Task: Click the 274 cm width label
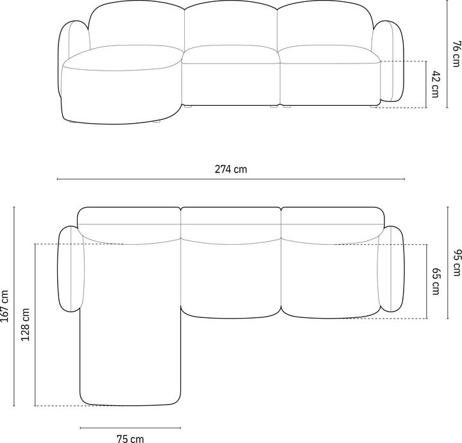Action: [x=231, y=169]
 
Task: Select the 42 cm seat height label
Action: [x=435, y=84]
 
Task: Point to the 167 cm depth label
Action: [x=5, y=306]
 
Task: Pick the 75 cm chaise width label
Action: [x=130, y=439]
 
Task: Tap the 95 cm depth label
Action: [x=456, y=263]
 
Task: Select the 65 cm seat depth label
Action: [x=436, y=281]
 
